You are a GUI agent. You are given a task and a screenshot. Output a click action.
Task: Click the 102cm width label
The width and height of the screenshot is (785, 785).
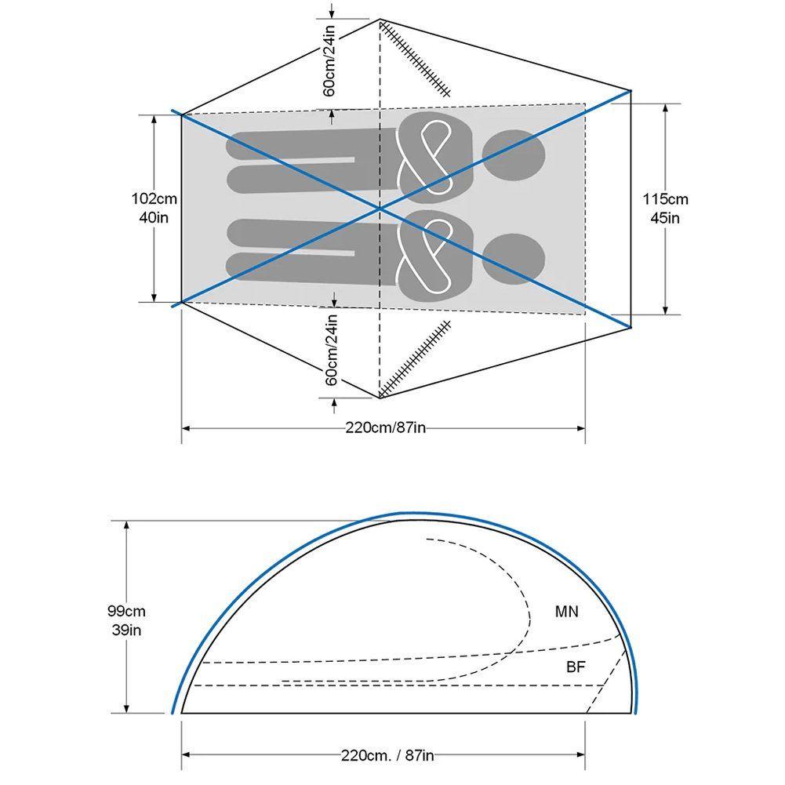click(x=154, y=199)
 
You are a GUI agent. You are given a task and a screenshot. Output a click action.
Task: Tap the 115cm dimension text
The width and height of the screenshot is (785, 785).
click(x=665, y=199)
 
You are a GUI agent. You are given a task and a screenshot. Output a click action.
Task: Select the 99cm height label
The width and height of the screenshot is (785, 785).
click(x=127, y=611)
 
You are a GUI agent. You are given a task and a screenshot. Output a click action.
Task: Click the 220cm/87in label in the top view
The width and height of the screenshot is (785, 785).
click(x=385, y=428)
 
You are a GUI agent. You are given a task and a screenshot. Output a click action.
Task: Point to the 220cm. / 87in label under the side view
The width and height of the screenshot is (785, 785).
click(x=387, y=755)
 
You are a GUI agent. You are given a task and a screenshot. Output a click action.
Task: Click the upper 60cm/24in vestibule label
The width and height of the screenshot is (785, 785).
click(x=329, y=60)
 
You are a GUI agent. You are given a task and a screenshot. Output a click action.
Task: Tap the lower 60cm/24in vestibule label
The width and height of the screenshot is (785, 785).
click(x=332, y=350)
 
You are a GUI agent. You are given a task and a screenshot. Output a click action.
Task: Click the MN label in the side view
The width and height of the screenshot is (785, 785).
click(x=567, y=611)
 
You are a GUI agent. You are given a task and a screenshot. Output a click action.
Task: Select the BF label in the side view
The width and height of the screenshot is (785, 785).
click(x=576, y=667)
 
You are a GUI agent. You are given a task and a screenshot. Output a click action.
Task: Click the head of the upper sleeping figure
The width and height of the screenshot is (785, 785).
click(x=514, y=155)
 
